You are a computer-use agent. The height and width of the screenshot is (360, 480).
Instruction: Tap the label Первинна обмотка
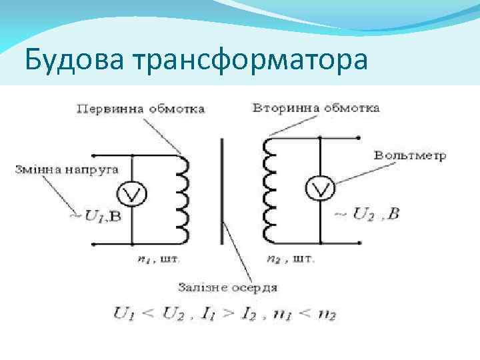pyautogui.click(x=141, y=108)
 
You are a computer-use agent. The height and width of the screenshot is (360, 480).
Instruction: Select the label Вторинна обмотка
pyautogui.click(x=317, y=107)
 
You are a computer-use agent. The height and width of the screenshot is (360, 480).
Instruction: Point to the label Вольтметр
pyautogui.click(x=410, y=157)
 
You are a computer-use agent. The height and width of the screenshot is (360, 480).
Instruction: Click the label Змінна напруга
pyautogui.click(x=67, y=169)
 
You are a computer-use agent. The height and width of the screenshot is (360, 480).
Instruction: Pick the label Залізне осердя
pyautogui.click(x=227, y=287)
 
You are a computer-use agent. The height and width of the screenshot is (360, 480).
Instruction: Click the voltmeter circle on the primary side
pyautogui.click(x=132, y=193)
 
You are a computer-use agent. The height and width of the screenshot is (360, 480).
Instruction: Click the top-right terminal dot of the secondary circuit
pyautogui.click(x=359, y=138)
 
